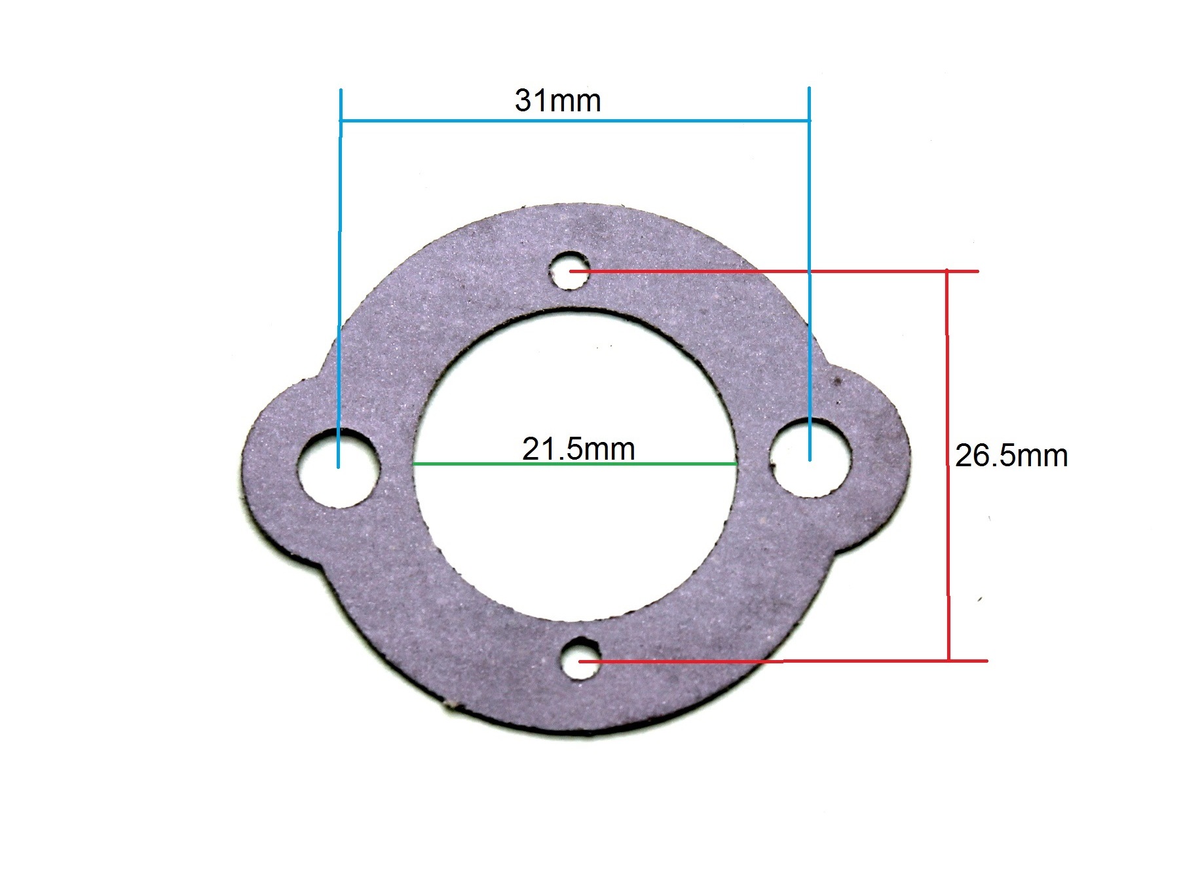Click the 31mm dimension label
tap(557, 101)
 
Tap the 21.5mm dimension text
tap(579, 449)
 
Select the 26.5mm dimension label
tap(1011, 456)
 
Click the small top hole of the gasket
tap(570, 270)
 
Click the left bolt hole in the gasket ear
tap(339, 468)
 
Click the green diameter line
tap(575, 464)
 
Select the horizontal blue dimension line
tap(575, 120)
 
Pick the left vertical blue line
tap(339, 278)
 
